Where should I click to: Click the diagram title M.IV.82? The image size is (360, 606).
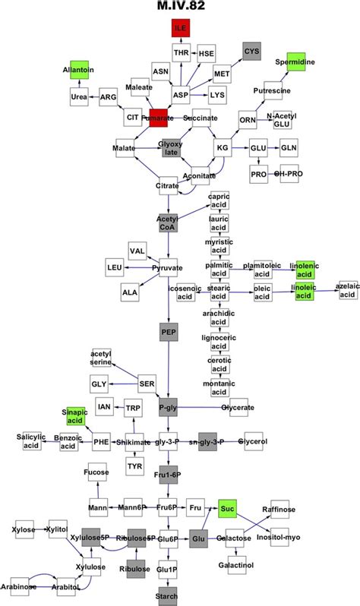tap(180, 7)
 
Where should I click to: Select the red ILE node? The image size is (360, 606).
tap(180, 30)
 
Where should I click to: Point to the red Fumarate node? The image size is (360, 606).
tap(160, 118)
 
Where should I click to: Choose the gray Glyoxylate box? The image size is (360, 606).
tap(169, 147)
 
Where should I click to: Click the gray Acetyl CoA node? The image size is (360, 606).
tap(167, 223)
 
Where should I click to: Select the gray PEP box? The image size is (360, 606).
tap(168, 332)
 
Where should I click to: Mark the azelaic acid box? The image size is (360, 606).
tap(347, 289)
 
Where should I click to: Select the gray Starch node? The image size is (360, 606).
tap(168, 595)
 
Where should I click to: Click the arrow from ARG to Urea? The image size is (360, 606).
tap(94, 98)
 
